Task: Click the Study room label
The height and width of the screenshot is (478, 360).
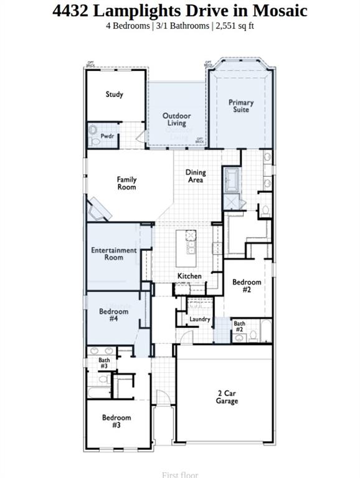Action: point(114,95)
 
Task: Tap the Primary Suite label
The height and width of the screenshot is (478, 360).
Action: point(241,106)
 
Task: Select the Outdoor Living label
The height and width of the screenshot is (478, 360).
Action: point(177,119)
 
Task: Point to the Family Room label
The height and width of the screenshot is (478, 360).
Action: point(126,183)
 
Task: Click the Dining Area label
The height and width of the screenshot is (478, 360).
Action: point(196,176)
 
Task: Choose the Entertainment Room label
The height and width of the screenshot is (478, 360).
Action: point(114,253)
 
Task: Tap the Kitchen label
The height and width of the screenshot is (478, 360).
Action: point(189,276)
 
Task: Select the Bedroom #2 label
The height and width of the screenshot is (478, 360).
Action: point(247,286)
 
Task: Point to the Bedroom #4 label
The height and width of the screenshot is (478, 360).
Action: point(114,315)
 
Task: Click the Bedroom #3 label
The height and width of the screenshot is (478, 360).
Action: point(116,421)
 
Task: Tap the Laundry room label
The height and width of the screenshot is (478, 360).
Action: point(200,319)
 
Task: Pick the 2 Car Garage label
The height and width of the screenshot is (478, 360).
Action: point(227,397)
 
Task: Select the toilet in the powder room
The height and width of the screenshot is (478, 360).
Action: point(94,133)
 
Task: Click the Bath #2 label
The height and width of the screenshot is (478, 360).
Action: point(239,326)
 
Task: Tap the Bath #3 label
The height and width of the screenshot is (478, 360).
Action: point(104,363)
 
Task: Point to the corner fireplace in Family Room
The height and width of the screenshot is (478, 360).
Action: point(98,210)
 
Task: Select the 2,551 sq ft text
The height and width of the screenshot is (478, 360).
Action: point(235,26)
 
